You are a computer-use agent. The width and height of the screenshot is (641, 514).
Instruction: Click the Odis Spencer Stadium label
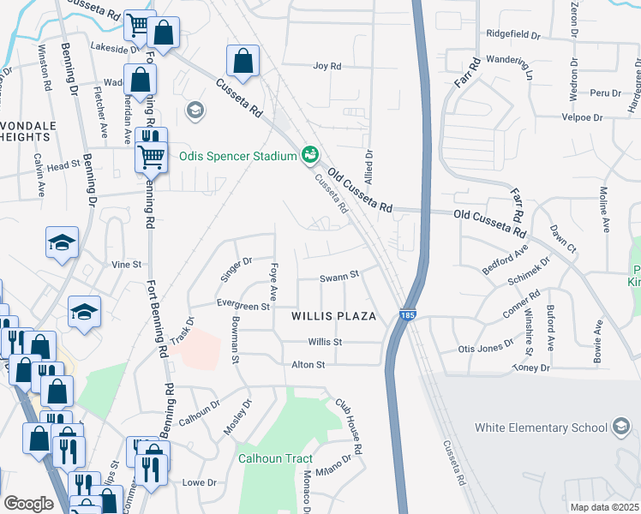(x=237, y=157)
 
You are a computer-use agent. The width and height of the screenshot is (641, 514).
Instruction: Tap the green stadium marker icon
(x=309, y=155)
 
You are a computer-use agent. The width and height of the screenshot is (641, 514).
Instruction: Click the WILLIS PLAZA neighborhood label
(x=333, y=316)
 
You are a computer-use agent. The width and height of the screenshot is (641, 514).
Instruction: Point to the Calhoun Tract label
(x=275, y=458)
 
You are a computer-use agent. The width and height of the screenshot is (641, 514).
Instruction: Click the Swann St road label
(x=337, y=278)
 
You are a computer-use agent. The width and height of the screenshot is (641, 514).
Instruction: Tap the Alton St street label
(x=309, y=365)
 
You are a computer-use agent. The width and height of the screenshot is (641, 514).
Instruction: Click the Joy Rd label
(x=327, y=66)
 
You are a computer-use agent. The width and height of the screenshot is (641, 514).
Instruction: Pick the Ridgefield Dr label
(x=513, y=36)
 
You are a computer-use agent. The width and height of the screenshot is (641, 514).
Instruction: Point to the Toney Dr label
(x=530, y=368)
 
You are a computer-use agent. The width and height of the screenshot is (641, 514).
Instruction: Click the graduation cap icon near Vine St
(x=62, y=243)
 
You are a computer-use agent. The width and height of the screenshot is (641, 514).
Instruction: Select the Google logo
(x=29, y=504)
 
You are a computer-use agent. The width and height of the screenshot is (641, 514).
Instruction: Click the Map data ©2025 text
(x=604, y=507)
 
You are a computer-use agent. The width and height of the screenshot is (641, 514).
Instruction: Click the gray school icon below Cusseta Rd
(x=195, y=110)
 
